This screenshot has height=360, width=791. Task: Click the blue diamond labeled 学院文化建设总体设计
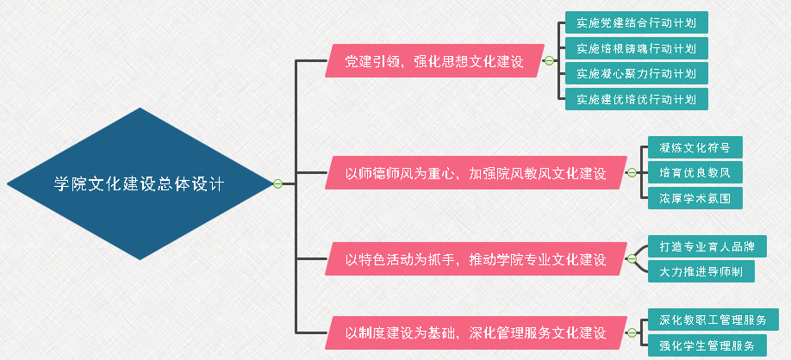[139, 183]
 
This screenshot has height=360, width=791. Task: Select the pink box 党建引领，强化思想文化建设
[434, 61]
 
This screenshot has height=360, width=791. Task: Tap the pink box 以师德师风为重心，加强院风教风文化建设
[475, 172]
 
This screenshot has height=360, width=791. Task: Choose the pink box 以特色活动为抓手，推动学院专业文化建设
[475, 259]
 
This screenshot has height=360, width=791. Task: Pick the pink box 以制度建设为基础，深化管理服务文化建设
[475, 332]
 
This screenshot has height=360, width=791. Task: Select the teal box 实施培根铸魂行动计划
[636, 48]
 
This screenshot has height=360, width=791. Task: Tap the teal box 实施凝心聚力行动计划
[636, 73]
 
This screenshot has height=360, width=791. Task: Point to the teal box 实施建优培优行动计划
[636, 98]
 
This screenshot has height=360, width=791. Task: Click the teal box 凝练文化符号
[694, 147]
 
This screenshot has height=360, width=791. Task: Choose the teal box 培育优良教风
[694, 172]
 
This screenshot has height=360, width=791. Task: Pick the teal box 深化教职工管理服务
[713, 320]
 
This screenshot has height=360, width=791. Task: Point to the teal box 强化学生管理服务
[713, 345]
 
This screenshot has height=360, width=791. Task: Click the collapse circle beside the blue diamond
[277, 183]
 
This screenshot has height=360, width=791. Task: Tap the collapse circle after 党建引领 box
[549, 60]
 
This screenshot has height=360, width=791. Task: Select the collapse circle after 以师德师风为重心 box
[632, 172]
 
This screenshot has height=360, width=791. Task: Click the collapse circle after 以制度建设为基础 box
[632, 332]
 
